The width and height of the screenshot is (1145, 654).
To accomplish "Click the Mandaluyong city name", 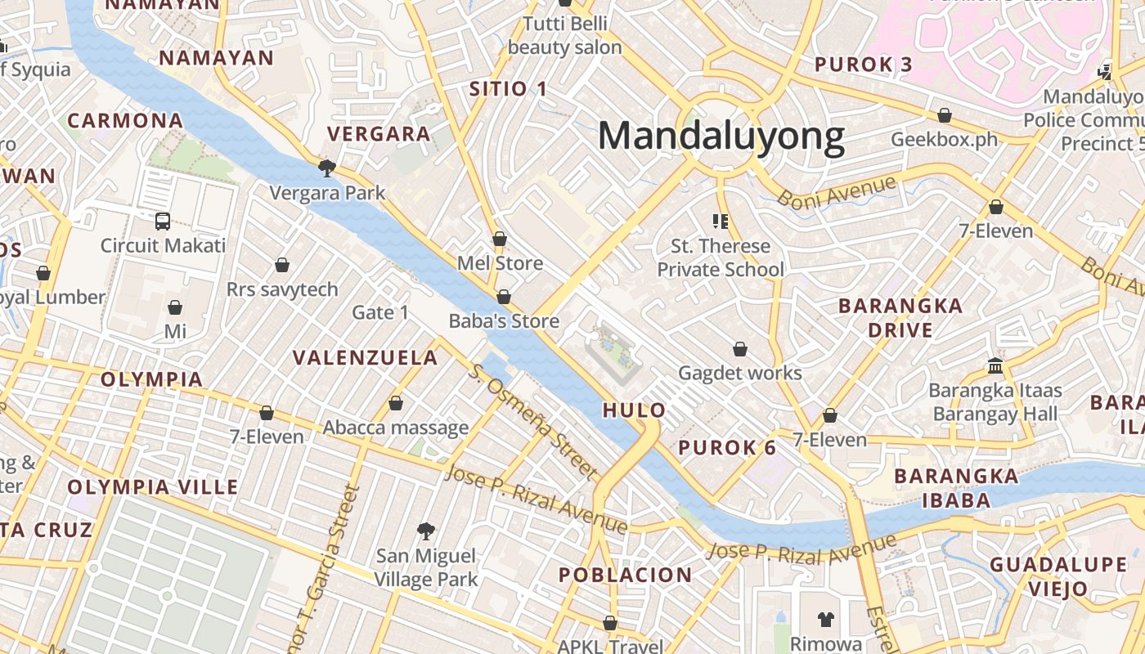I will (x=721, y=136).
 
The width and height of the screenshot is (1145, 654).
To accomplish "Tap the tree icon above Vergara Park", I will (x=327, y=168).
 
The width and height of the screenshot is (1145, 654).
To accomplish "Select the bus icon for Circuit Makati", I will (x=163, y=221).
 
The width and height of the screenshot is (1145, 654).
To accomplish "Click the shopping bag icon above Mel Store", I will (x=499, y=239).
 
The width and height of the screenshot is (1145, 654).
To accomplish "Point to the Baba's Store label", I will (x=504, y=321).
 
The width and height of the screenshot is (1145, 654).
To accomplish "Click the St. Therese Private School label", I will (x=721, y=258).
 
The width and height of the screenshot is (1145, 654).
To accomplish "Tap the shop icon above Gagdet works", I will (x=740, y=349).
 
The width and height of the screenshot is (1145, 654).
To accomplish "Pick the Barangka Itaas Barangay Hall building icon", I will (x=995, y=365).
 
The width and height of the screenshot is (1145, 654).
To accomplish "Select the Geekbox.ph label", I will (x=945, y=139).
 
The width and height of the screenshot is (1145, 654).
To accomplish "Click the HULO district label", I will (x=634, y=410).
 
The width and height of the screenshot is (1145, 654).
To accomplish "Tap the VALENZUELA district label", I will (x=366, y=357).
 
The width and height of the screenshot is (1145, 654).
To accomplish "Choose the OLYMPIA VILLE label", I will (x=153, y=487).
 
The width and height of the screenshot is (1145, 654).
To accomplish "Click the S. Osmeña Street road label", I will (x=533, y=419).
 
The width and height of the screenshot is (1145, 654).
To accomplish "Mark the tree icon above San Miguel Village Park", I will (x=425, y=531).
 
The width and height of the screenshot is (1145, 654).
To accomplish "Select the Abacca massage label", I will (x=396, y=427).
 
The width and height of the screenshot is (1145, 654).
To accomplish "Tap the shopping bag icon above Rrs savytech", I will (x=282, y=265).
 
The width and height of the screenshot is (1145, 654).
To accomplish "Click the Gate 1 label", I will (x=380, y=312).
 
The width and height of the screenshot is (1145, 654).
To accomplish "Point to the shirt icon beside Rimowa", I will (x=825, y=620).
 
